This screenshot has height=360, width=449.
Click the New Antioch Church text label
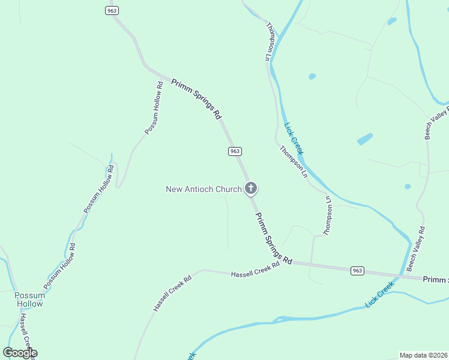click(x=203, y=190)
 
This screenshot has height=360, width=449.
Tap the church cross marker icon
click(x=251, y=189)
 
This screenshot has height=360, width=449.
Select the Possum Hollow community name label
click(x=29, y=299)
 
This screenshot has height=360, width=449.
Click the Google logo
click(x=20, y=353)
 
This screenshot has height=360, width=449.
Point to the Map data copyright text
click(x=424, y=355)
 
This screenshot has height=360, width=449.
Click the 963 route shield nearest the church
click(x=235, y=151)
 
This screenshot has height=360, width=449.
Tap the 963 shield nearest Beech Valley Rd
click(x=357, y=271)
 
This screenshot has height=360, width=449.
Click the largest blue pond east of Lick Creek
click(x=365, y=139)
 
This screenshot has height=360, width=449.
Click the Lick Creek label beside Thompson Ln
click(x=294, y=139)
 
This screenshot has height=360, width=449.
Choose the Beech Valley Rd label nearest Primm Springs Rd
click(x=417, y=248)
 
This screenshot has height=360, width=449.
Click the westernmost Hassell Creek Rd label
click(x=172, y=293)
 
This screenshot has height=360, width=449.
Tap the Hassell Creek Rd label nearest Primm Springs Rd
click(x=255, y=269)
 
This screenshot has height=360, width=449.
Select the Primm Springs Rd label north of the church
click(x=197, y=99)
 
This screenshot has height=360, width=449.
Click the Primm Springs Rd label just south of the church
click(x=273, y=238)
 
